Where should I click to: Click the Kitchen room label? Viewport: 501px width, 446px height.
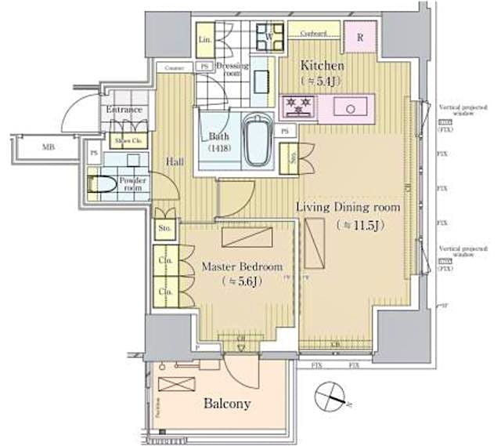[x=323, y=68]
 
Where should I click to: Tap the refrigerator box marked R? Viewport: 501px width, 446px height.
[x=360, y=36]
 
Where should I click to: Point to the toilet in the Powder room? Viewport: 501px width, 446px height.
[x=103, y=185]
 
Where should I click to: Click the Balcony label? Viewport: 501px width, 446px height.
[x=227, y=404]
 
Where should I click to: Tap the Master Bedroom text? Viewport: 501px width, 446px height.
[x=241, y=267]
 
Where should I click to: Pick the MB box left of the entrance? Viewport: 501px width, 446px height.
[x=47, y=146]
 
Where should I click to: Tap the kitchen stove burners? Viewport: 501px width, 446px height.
[x=298, y=104]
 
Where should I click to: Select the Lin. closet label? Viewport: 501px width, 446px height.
[x=205, y=39]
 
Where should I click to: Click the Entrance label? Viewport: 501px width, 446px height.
[x=124, y=110]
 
